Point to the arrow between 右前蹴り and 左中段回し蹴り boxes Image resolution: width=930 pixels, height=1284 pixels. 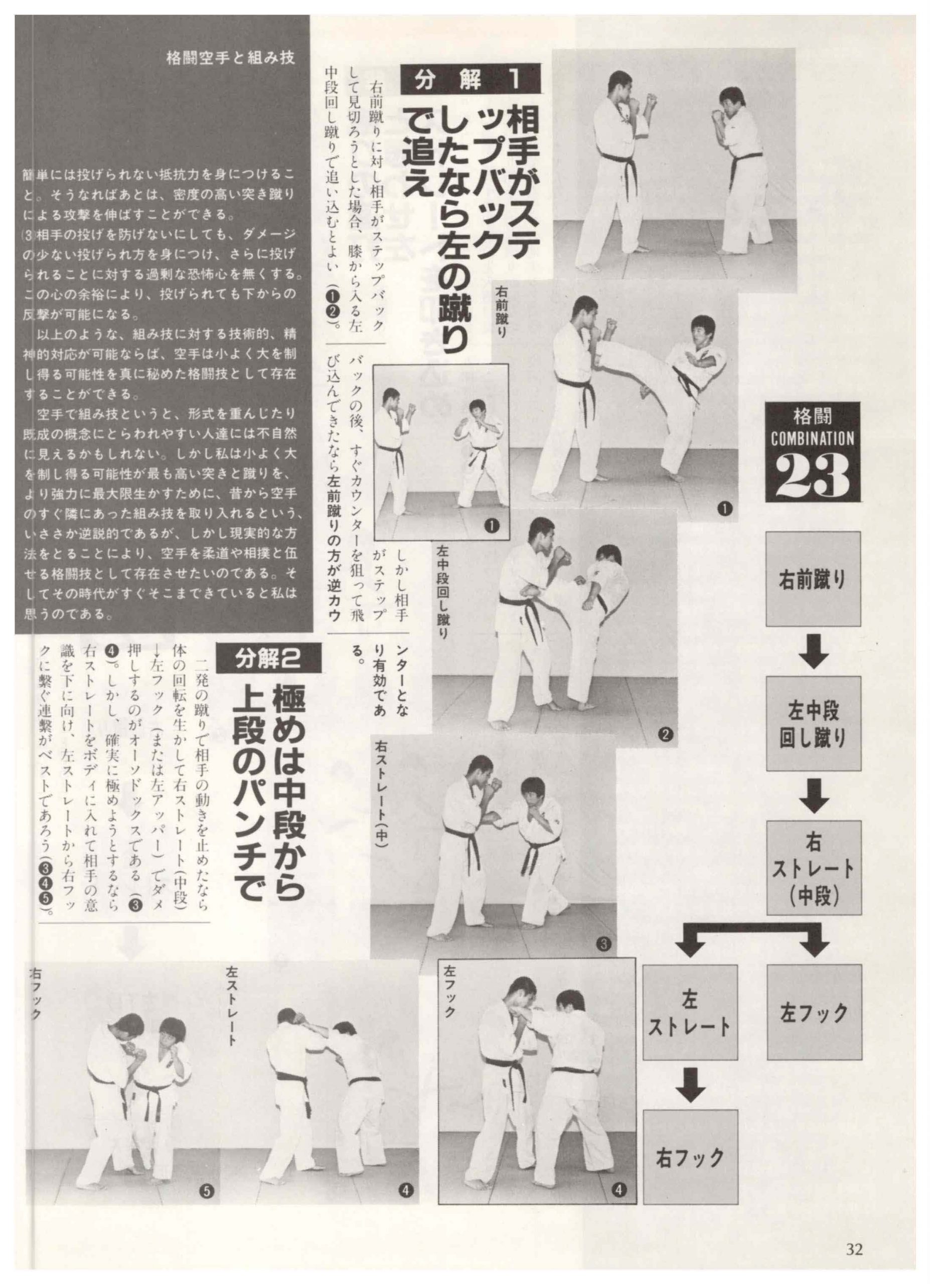point(814,651)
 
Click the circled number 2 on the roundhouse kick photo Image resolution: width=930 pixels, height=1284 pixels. point(665,735)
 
